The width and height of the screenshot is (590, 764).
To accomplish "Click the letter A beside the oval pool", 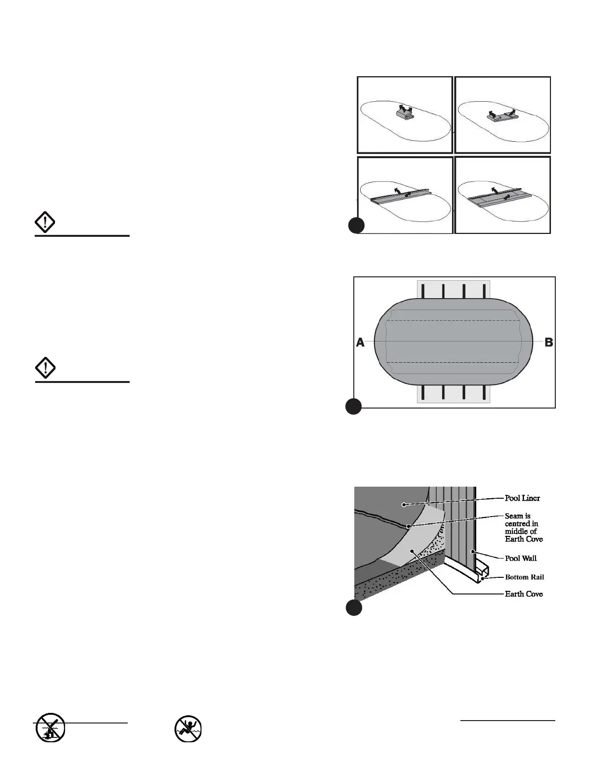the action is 360,342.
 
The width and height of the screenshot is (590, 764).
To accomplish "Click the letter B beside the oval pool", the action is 549,342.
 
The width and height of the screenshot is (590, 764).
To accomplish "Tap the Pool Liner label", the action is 522,498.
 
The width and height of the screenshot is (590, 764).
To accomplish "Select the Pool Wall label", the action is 521,558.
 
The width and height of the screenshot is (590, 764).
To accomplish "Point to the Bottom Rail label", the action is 524,577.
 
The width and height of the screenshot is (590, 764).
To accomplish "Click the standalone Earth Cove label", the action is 523,594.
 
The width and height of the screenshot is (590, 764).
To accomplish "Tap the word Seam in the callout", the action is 514,516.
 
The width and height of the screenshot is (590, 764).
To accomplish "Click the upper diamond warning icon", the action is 45,223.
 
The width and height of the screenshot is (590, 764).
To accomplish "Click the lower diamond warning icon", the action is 45,369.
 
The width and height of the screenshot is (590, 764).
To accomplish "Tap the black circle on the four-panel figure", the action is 356,225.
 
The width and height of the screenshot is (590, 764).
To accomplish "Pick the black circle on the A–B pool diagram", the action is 353,407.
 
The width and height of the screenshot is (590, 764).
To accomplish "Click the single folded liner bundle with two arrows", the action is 405,112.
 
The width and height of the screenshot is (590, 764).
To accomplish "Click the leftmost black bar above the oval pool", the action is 423,291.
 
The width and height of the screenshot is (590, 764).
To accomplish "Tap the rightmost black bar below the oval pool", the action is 483,392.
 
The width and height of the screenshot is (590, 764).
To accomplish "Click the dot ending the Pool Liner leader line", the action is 404,505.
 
